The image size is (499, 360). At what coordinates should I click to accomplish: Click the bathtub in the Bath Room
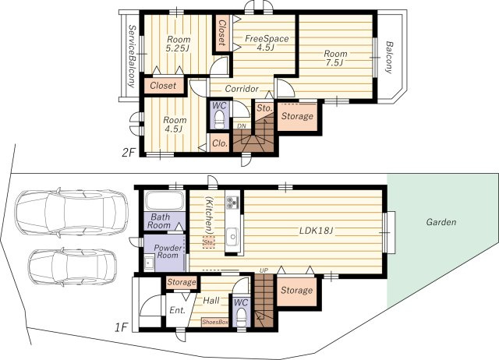(165, 201)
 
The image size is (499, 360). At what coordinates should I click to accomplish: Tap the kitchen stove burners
(232, 203)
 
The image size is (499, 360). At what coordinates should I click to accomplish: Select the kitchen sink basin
(233, 236)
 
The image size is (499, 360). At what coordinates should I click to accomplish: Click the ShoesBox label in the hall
(215, 322)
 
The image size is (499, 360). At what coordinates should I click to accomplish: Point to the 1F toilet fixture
(241, 317)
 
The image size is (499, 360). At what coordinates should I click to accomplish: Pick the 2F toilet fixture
(219, 119)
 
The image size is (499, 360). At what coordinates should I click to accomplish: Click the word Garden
(441, 222)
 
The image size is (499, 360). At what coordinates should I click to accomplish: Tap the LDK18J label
(316, 230)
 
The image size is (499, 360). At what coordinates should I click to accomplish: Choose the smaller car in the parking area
(73, 266)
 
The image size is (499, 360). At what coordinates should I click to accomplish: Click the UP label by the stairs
(264, 270)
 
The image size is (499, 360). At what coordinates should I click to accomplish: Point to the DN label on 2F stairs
(242, 126)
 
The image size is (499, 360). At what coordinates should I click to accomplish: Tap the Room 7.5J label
(335, 58)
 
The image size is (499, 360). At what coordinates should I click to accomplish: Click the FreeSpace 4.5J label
(267, 43)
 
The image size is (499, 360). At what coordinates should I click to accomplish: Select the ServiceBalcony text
(131, 56)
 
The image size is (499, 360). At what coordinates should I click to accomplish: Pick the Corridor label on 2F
(242, 89)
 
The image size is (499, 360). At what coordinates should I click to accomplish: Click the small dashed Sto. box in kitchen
(209, 242)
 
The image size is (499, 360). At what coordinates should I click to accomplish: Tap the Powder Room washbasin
(149, 263)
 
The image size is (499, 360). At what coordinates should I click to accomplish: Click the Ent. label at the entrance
(177, 311)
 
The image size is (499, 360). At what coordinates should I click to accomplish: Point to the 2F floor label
(129, 153)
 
